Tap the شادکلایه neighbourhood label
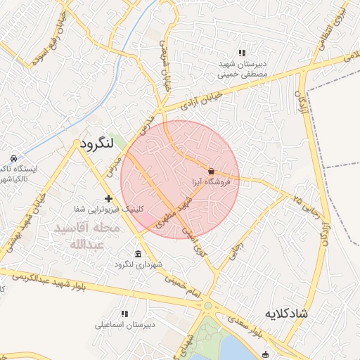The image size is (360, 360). [x=286, y=313]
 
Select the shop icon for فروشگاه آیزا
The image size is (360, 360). [x=212, y=170]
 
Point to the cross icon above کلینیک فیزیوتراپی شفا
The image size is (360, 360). [x=108, y=199]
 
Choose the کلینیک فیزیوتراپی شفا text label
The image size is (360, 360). [x=108, y=210]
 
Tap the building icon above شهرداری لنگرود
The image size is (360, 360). [x=137, y=253]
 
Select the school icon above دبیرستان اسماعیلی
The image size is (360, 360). [x=124, y=314]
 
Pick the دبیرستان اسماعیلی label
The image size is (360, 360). [x=124, y=326]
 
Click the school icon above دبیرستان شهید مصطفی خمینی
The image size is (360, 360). [x=242, y=53]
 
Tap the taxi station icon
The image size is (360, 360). [x=13, y=158]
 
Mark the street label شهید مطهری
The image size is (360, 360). [x=174, y=213]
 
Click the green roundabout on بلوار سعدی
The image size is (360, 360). [x=207, y=306]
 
